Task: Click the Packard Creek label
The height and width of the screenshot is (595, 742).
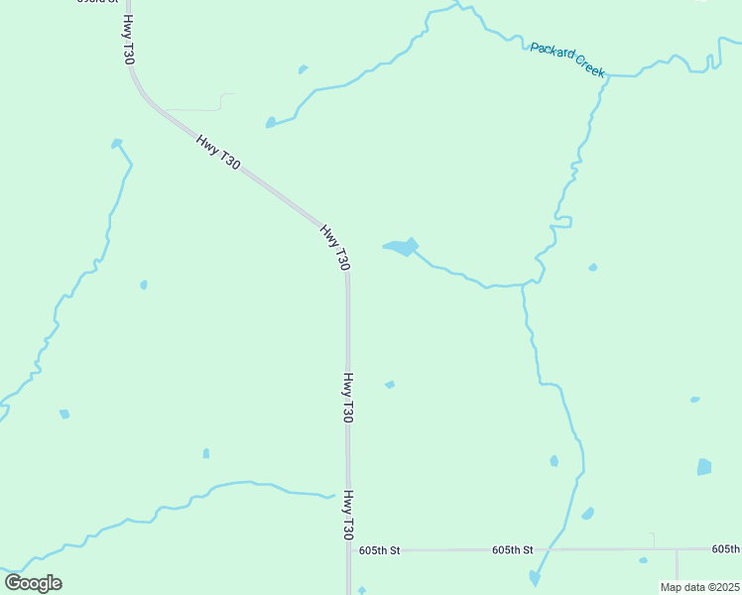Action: tap(566, 59)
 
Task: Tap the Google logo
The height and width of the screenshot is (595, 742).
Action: tap(33, 583)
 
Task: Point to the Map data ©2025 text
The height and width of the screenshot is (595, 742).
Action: tap(700, 587)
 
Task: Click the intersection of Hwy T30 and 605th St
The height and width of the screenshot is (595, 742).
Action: tap(348, 549)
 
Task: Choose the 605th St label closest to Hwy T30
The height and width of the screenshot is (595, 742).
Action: tap(379, 549)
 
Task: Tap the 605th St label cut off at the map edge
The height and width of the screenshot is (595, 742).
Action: tap(726, 548)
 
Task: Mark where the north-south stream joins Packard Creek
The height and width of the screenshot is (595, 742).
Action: tap(607, 76)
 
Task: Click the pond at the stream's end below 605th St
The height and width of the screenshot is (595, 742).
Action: tap(535, 577)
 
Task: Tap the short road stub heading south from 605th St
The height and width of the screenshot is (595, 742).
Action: tap(677, 565)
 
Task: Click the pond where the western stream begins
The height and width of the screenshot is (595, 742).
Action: tap(116, 144)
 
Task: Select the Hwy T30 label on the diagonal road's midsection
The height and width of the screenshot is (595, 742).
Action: tap(217, 152)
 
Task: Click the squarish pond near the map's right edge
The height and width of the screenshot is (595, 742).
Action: tap(704, 466)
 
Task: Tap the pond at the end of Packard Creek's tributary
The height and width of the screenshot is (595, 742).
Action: tap(270, 123)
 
